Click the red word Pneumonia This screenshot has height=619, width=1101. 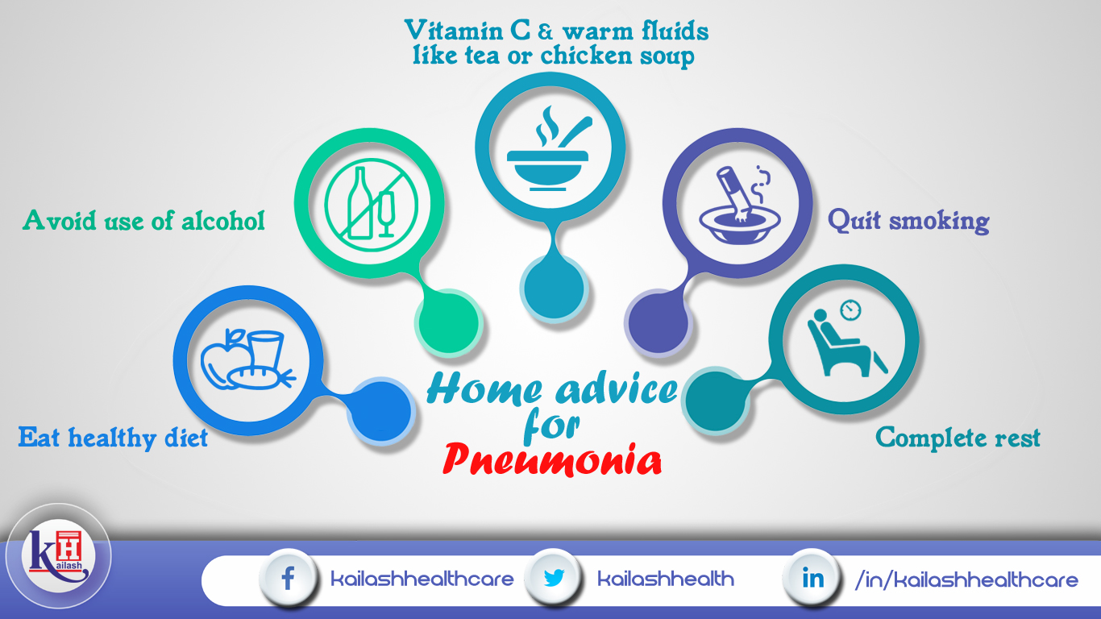click(552, 459)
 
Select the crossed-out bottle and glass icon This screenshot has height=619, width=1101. click(371, 205)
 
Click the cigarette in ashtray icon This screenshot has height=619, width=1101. click(739, 204)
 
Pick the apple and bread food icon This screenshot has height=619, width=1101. click(247, 359)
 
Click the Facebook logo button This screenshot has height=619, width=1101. click(288, 578)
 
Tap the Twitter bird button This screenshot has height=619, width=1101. click(554, 578)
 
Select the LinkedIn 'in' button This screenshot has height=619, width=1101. click(812, 578)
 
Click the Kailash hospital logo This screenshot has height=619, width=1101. click(59, 556)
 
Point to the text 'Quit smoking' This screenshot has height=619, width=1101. click(908, 220)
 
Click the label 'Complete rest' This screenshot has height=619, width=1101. click(958, 438)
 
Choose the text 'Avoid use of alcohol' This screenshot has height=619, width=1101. click(143, 220)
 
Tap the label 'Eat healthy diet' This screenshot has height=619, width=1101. click(113, 438)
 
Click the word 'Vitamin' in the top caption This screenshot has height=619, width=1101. click(454, 31)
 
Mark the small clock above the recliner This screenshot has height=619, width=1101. click(850, 310)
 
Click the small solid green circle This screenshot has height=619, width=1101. click(448, 322)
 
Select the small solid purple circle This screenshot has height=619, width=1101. click(659, 321)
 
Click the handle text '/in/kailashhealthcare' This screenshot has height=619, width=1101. click(966, 580)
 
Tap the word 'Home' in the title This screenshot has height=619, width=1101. click(484, 388)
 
